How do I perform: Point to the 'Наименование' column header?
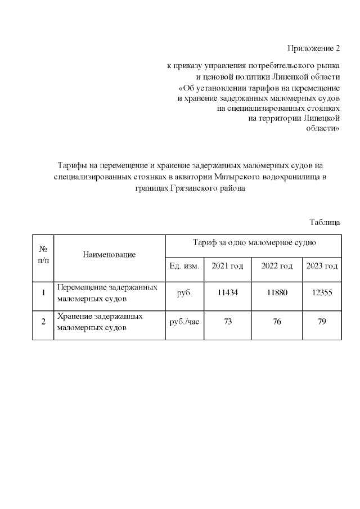[x=109, y=255]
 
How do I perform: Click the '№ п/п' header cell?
[x=43, y=255]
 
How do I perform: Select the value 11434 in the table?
[x=228, y=292]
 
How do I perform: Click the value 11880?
[x=277, y=292]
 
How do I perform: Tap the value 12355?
[x=322, y=292]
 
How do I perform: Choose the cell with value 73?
[x=228, y=322]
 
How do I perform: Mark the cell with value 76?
[x=277, y=322]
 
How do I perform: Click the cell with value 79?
[x=322, y=322]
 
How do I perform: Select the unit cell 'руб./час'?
[x=184, y=322]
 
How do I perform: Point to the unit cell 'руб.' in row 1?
[x=184, y=292]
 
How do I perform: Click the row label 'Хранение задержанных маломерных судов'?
[x=100, y=322]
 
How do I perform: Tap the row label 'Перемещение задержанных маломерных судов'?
[x=107, y=292]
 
